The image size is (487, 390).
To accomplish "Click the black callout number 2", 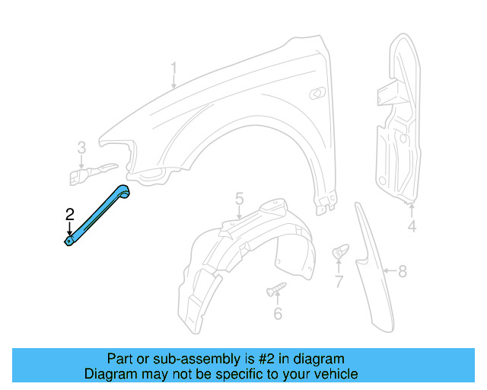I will pos(69,214).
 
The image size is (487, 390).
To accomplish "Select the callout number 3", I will pos(81,147).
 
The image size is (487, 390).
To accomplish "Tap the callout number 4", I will pos(412,226).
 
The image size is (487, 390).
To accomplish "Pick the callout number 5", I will pos(239,199).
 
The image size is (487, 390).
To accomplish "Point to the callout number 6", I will pos(278,313).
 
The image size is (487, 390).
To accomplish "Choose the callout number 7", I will pos(339,283).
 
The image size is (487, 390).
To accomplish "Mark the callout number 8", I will pos(403,270).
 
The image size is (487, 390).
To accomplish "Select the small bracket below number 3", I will pos(88,174).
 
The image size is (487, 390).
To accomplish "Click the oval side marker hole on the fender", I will pos(315,93).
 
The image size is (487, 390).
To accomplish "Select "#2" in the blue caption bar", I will pos(266,359).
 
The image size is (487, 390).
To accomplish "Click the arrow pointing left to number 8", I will pos(388,270).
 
